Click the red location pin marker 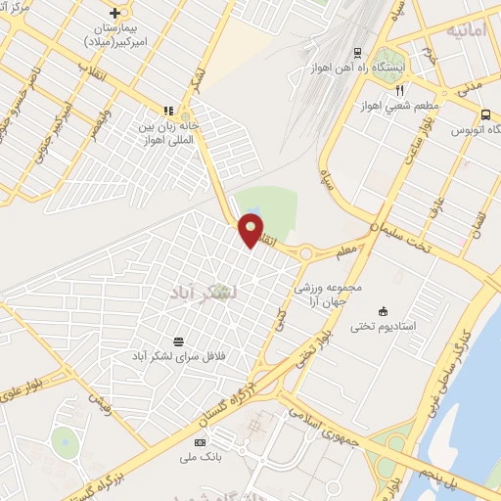pos(251,230)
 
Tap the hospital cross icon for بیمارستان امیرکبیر pos(116,13)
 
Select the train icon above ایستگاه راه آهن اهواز pos(358,52)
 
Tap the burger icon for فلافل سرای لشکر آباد pos(178,342)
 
